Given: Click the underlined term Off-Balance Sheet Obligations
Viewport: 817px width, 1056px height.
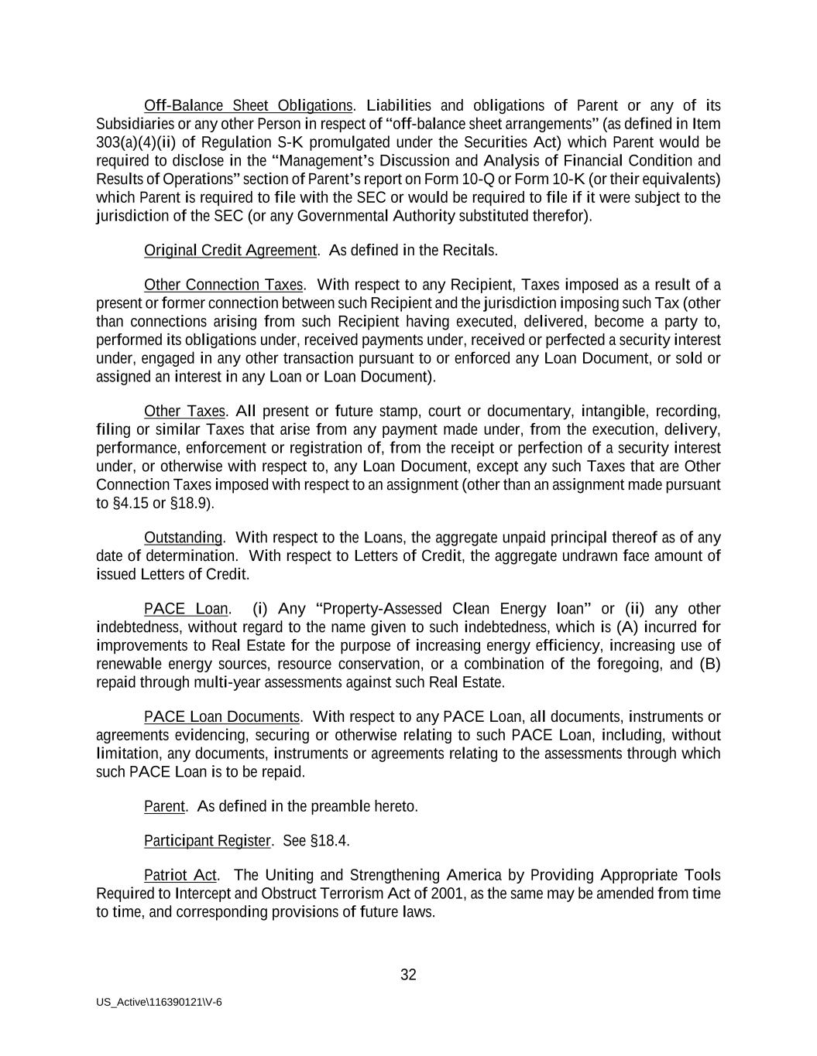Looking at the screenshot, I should [248, 105].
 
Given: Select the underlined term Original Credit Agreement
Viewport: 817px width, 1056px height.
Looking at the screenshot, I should [230, 251].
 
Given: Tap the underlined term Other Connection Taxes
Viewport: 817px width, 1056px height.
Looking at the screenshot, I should [224, 285].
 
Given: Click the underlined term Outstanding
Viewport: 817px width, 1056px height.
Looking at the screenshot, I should [183, 538].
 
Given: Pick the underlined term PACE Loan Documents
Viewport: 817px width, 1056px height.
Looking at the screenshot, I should [221, 717].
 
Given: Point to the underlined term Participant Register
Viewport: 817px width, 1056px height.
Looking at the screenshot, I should [207, 841].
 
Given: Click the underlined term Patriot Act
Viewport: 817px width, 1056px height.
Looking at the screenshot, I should [180, 875].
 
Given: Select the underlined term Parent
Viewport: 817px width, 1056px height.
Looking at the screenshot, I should [164, 807].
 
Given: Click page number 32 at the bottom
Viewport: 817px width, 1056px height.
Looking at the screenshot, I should [408, 975].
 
